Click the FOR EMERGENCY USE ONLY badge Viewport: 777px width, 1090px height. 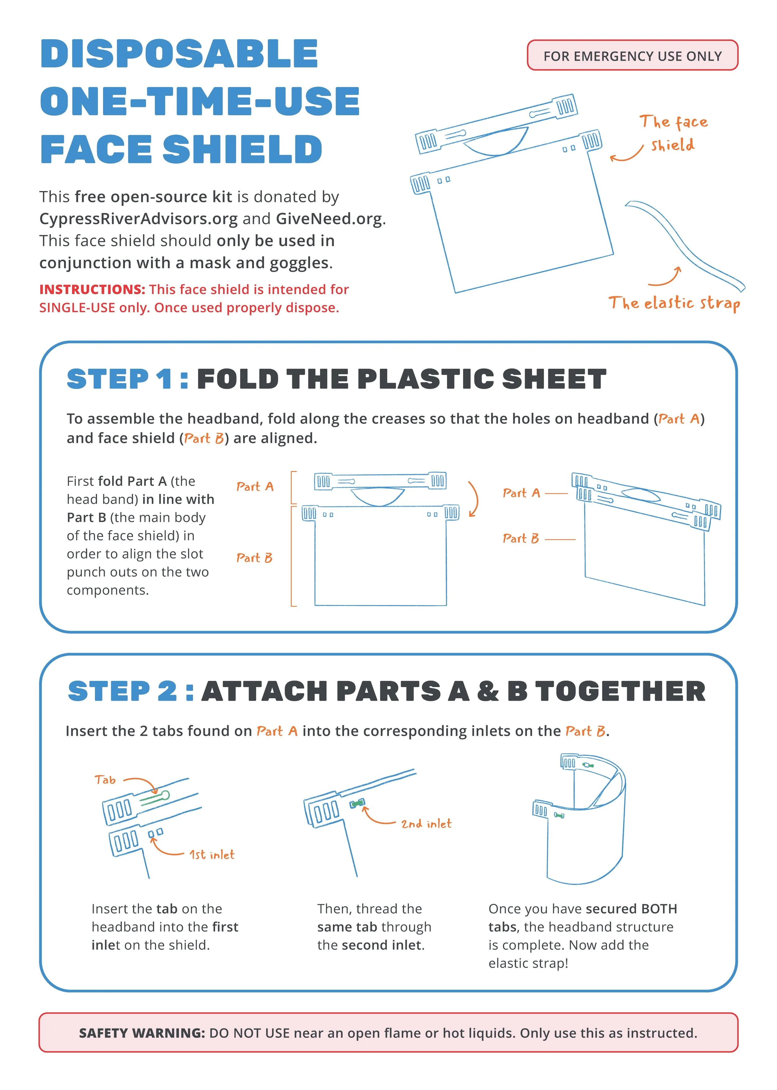(632, 56)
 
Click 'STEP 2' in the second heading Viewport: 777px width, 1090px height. (122, 691)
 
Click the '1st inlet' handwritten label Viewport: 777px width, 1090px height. (212, 854)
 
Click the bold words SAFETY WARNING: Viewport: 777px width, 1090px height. (142, 1033)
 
